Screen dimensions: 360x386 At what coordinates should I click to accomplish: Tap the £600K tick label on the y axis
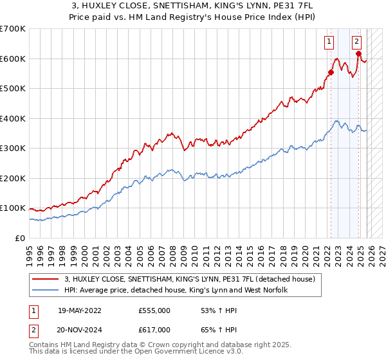click(13, 59)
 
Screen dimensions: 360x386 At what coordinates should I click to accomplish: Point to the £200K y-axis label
click(13, 178)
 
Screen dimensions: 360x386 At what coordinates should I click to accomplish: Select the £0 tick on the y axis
click(20, 238)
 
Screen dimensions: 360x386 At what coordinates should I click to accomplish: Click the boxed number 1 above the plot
click(329, 42)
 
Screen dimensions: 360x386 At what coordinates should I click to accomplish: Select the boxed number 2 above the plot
click(356, 42)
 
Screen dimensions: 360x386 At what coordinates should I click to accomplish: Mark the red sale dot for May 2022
click(331, 72)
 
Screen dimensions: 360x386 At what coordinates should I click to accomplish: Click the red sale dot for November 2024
click(358, 54)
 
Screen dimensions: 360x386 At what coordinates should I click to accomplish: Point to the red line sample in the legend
click(46, 279)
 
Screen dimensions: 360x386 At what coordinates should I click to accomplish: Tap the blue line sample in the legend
click(46, 291)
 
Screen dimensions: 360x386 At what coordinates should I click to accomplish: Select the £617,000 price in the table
click(154, 331)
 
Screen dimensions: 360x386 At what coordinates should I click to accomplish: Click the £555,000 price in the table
click(154, 310)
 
